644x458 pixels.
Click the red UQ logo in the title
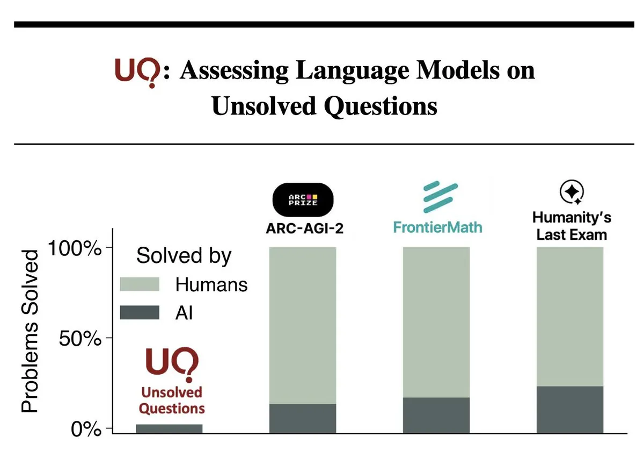click(137, 73)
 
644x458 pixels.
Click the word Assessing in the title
click(235, 71)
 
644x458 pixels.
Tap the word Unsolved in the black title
click(264, 106)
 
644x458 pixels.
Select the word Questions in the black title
click(380, 107)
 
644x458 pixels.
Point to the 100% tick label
click(75, 248)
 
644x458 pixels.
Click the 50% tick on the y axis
click(109, 338)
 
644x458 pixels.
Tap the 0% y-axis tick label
click(86, 429)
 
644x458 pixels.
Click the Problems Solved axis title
click(30, 331)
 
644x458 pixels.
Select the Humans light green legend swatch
click(140, 284)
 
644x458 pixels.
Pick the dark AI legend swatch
click(140, 312)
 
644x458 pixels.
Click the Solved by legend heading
click(184, 256)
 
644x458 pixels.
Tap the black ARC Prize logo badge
click(303, 200)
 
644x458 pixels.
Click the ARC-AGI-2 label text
click(305, 228)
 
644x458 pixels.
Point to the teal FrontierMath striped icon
click(441, 197)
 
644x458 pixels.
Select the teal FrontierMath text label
click(437, 227)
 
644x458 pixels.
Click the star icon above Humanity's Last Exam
click(572, 192)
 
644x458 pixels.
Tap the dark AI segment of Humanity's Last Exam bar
click(570, 410)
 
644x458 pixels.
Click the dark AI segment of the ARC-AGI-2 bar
click(303, 418)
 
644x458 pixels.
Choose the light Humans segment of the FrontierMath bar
click(436, 323)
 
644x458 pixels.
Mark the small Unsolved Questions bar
click(170, 428)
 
